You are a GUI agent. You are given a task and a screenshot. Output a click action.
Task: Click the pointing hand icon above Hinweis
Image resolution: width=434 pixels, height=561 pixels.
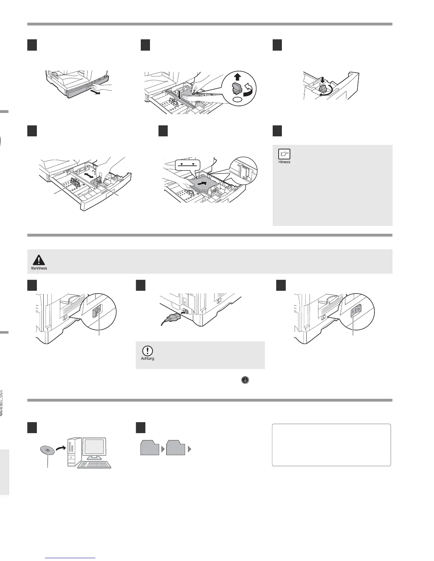pyautogui.click(x=284, y=154)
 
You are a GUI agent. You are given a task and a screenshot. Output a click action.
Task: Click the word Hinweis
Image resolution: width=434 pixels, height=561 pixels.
pyautogui.click(x=284, y=162)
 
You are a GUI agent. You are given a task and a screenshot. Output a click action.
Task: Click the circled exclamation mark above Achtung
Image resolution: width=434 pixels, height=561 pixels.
pyautogui.click(x=147, y=351)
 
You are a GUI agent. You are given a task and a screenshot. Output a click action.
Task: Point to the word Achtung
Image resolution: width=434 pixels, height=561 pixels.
pyautogui.click(x=148, y=358)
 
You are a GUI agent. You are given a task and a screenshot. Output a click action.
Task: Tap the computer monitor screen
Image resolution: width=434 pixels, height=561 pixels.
pyautogui.click(x=94, y=447)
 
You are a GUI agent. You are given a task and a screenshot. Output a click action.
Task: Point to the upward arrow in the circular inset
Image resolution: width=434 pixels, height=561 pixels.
pyautogui.click(x=238, y=76)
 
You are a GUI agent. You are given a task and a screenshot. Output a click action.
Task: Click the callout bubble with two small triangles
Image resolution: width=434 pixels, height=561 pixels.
pyautogui.click(x=188, y=164)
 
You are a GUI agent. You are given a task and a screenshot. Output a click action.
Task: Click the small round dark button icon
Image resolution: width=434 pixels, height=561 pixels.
pyautogui.click(x=245, y=380)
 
